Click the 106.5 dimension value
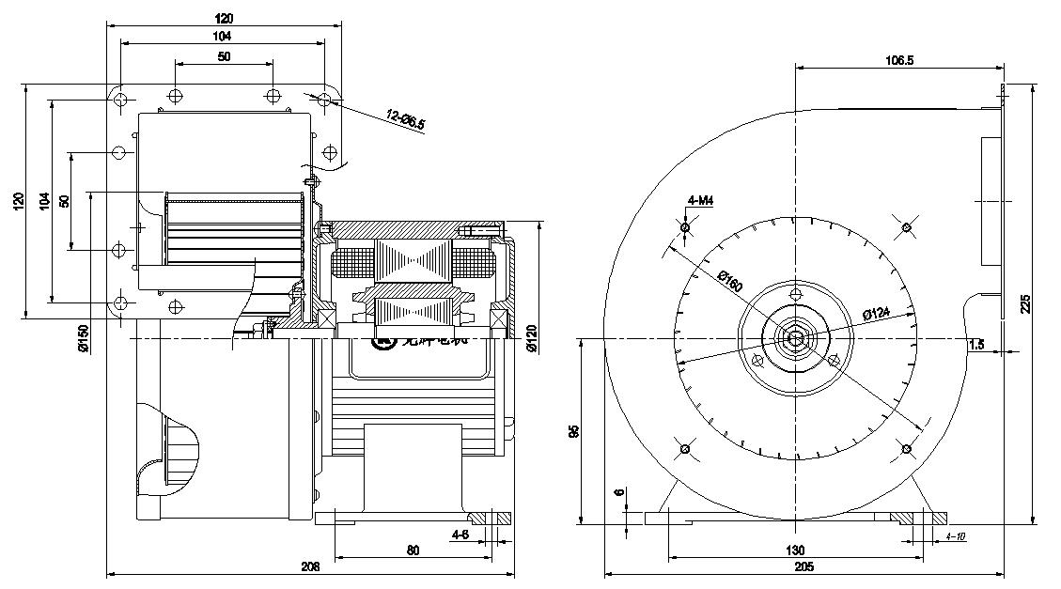pyautogui.click(x=899, y=60)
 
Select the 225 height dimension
pyautogui.click(x=1025, y=303)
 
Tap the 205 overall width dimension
pyautogui.click(x=804, y=566)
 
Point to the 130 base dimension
pyautogui.click(x=795, y=550)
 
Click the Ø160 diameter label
pyautogui.click(x=729, y=281)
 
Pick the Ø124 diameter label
pyautogui.click(x=875, y=313)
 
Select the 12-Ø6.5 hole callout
pyautogui.click(x=406, y=119)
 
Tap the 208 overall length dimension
pyautogui.click(x=310, y=566)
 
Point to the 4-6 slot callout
pyautogui.click(x=460, y=535)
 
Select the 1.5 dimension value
pyautogui.click(x=975, y=345)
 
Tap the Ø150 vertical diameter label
pyautogui.click(x=84, y=337)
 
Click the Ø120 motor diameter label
pyautogui.click(x=532, y=337)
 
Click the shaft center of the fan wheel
pyautogui.click(x=796, y=337)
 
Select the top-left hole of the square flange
pyautogui.click(x=121, y=98)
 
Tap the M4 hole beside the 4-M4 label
pyautogui.click(x=685, y=227)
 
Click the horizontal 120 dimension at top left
pyautogui.click(x=224, y=18)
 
